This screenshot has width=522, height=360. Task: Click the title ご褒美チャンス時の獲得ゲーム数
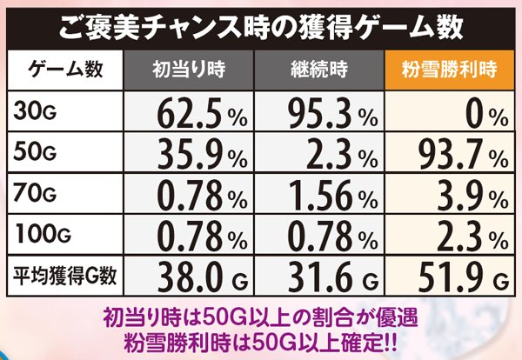(x=260, y=23)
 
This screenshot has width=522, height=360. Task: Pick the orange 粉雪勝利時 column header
(x=448, y=69)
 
